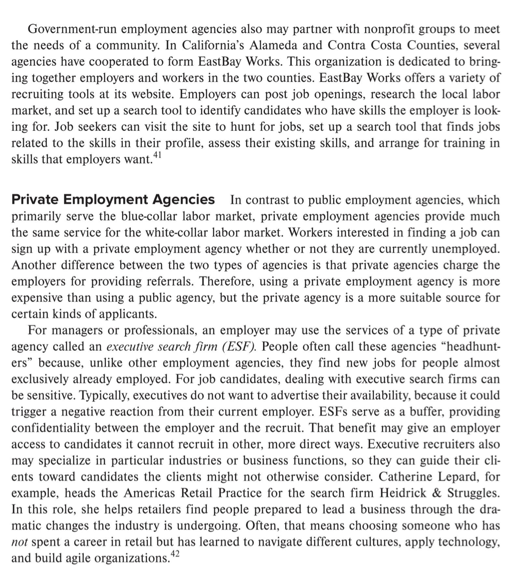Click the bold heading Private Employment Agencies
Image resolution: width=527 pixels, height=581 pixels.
tap(113, 199)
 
